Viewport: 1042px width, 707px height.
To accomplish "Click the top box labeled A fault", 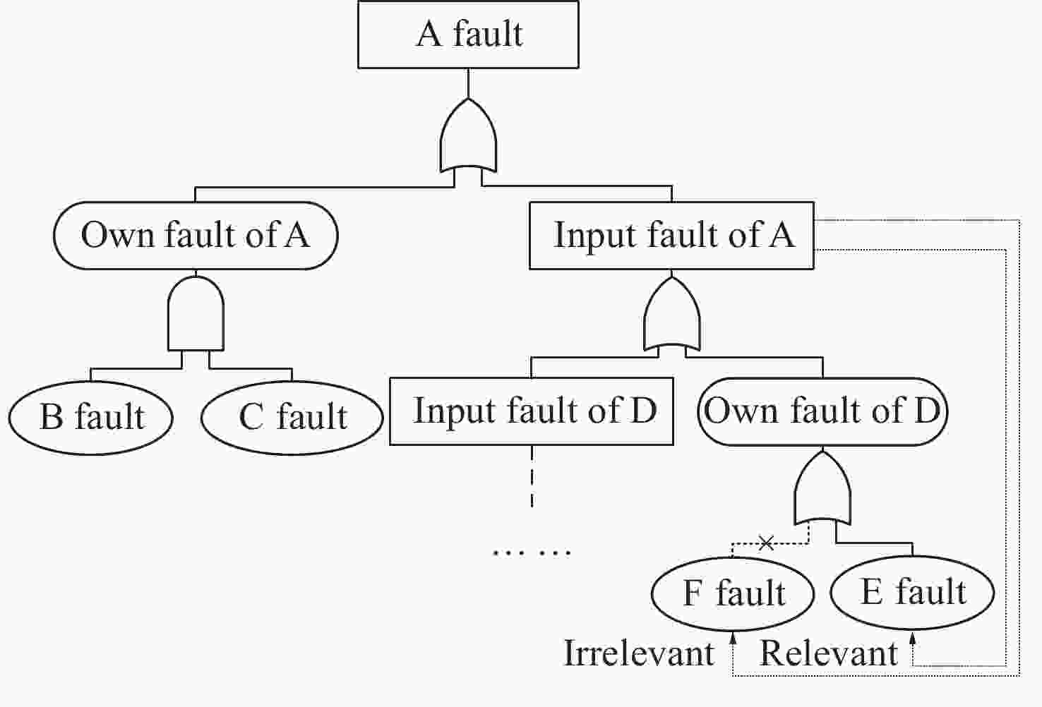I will pos(468,34).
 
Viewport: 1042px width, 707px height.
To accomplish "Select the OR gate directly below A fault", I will pos(468,138).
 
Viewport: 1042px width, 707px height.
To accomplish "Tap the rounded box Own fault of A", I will pos(196,235).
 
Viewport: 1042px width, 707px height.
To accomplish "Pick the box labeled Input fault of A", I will pos(671,235).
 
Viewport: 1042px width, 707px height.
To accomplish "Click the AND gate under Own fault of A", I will pos(196,314).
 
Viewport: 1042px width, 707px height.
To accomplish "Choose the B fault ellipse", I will pos(91,416).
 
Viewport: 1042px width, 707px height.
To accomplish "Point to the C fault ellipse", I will pos(292,416).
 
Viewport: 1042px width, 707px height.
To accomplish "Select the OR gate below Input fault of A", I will pos(672,315).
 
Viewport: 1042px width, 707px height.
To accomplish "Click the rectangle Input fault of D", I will pos(532,411).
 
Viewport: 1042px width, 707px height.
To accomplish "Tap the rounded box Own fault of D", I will pos(822,411).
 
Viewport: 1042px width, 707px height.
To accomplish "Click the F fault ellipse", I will pos(733,593).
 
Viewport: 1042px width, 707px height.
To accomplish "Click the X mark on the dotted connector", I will pos(766,543).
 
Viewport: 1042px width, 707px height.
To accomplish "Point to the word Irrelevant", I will pos(639,653).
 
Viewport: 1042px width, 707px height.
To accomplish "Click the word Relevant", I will pos(828,653).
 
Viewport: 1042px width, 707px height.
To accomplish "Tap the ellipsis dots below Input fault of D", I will pos(532,552).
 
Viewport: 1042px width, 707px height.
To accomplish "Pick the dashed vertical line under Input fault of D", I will pos(532,476).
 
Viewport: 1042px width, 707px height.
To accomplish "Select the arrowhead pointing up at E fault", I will pos(913,639).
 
